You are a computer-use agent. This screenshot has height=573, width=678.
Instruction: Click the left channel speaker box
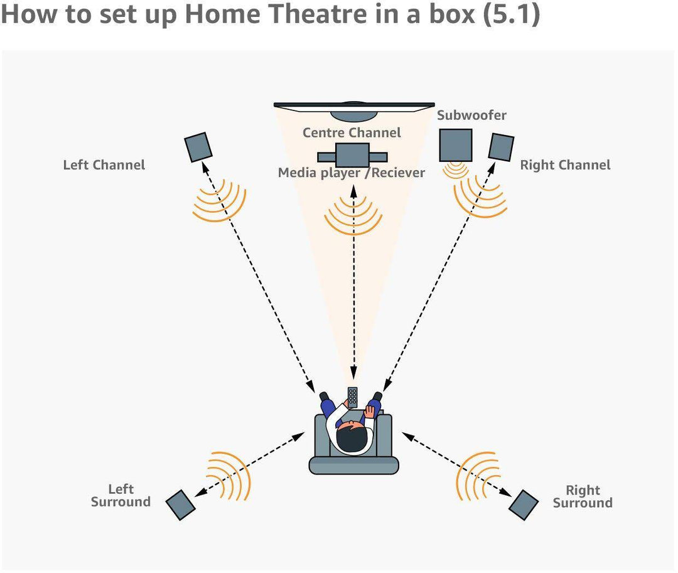point(198,146)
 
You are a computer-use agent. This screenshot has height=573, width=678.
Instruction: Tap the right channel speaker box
point(501,146)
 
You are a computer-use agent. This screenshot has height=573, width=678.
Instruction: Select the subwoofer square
point(455,144)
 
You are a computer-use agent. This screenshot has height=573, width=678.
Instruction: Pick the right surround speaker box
point(524,504)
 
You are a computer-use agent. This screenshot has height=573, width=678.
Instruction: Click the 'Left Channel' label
point(104,165)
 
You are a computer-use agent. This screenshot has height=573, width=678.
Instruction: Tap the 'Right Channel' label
point(565,165)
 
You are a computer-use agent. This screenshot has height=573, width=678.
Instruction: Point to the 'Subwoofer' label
point(471,115)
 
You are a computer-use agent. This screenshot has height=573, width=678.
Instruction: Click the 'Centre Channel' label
point(352,133)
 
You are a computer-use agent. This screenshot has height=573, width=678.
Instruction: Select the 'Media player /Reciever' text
point(352,173)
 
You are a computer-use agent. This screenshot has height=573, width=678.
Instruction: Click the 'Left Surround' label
point(121,496)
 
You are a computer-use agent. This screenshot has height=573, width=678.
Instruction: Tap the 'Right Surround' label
point(583,496)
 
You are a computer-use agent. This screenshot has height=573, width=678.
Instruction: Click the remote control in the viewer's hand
point(353,397)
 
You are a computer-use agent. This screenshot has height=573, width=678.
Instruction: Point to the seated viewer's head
point(351,437)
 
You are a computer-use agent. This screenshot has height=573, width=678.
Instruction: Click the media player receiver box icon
point(352,155)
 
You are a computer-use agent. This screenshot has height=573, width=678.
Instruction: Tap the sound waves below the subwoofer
point(455,170)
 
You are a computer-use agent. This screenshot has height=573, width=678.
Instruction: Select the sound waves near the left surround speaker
point(229,475)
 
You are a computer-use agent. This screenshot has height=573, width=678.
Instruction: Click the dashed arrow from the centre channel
point(353,282)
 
